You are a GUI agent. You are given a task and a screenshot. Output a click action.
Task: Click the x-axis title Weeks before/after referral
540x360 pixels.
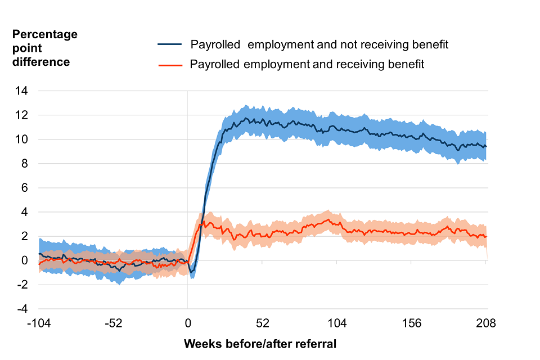tap(260, 344)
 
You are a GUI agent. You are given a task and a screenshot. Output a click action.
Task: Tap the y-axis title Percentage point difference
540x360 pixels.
tap(45, 48)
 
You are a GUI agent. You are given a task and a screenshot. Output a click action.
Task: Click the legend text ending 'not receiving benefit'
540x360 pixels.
tap(319, 44)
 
